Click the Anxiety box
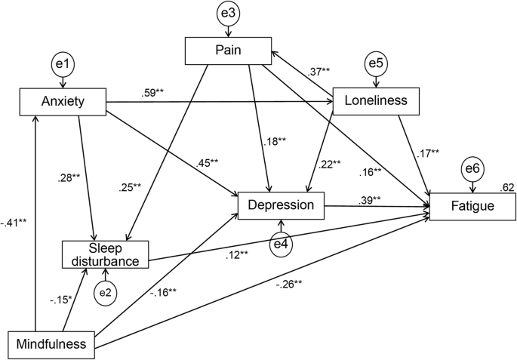63,102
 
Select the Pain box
228,51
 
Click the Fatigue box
472,205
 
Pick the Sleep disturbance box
105,254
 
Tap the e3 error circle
229,14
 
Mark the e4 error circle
282,242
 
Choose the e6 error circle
472,168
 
